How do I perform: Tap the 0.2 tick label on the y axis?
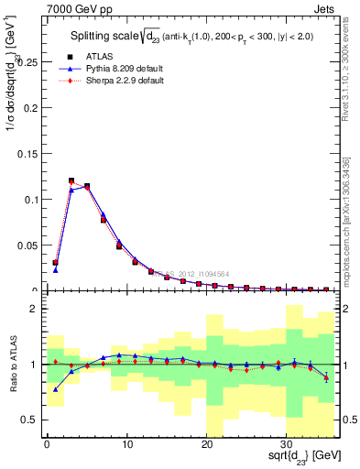tap(29, 108)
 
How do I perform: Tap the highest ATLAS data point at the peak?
tap(71, 180)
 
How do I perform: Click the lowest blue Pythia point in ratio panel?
tap(55, 389)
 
